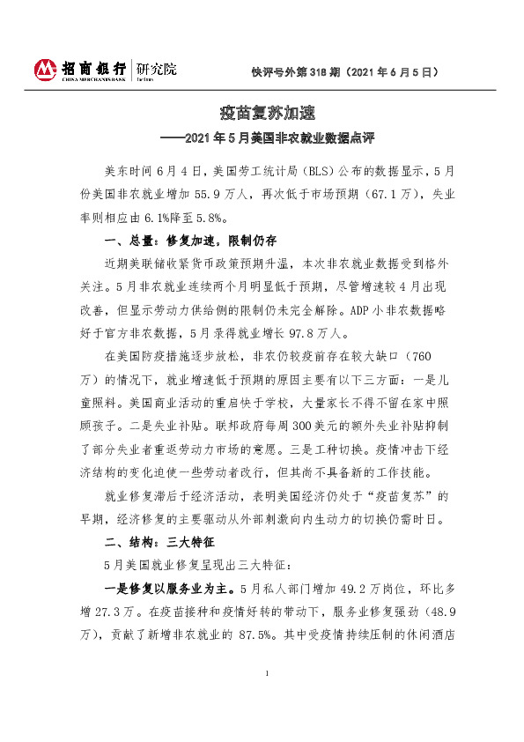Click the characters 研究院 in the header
[x=155, y=67]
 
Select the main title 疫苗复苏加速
[x=262, y=114]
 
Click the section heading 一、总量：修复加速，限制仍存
[x=190, y=240]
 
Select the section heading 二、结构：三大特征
[x=160, y=540]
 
